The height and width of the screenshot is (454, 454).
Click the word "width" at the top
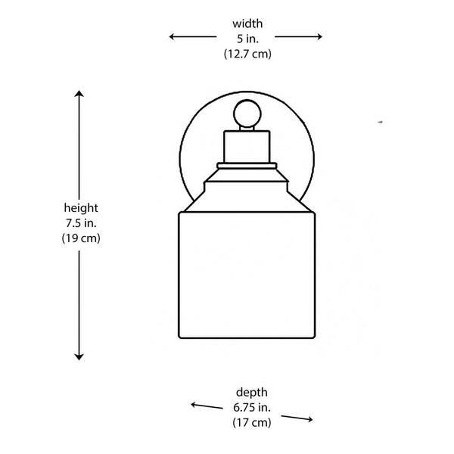pyautogui.click(x=247, y=23)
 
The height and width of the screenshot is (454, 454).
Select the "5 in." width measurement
pyautogui.click(x=247, y=39)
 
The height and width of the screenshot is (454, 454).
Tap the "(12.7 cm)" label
pyautogui.click(x=247, y=54)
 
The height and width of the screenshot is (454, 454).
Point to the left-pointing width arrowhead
pyautogui.click(x=172, y=37)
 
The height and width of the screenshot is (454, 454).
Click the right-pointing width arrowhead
pyautogui.click(x=319, y=37)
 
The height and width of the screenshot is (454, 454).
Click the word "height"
pyautogui.click(x=81, y=208)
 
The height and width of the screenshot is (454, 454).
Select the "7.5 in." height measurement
pyautogui.click(x=81, y=223)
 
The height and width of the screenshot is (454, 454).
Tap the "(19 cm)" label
pyautogui.click(x=81, y=238)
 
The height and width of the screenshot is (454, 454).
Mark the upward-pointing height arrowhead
pyautogui.click(x=79, y=93)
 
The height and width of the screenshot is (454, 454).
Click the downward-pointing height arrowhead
pyautogui.click(x=79, y=357)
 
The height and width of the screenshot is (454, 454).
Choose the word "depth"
pyautogui.click(x=252, y=392)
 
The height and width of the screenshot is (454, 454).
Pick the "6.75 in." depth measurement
pyautogui.click(x=252, y=407)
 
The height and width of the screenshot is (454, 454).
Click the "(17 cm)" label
pyautogui.click(x=252, y=422)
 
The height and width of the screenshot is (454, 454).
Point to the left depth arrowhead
pyautogui.click(x=194, y=405)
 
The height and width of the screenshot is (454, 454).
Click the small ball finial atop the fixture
pyautogui.click(x=247, y=113)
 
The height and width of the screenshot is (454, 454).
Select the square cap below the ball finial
pyautogui.click(x=247, y=147)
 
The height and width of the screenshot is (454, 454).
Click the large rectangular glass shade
pyautogui.click(x=247, y=275)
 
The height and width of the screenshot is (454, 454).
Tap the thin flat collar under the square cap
pyautogui.click(x=247, y=166)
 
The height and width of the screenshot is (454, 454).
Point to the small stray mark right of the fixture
pyautogui.click(x=381, y=122)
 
